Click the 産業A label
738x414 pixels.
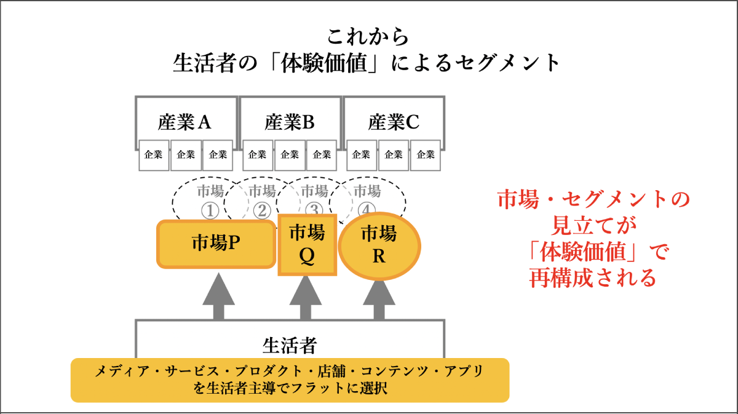[184, 122]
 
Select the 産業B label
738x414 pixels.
[289, 122]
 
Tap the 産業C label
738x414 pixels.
[394, 122]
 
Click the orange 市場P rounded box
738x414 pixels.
[216, 244]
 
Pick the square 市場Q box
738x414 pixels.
[307, 245]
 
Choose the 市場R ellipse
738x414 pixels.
[379, 246]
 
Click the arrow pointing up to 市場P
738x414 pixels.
[218, 296]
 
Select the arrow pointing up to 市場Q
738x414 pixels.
[306, 298]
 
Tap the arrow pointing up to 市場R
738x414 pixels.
[379, 300]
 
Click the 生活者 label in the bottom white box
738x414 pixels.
[290, 346]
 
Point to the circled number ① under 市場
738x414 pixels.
[210, 211]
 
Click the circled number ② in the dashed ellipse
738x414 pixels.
[262, 210]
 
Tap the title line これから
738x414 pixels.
[368, 36]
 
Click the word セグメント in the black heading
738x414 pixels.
[507, 63]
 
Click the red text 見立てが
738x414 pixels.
[593, 225]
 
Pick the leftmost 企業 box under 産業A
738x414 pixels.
[154, 155]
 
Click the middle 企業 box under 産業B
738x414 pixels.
[290, 155]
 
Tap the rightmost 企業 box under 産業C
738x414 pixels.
[426, 155]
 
